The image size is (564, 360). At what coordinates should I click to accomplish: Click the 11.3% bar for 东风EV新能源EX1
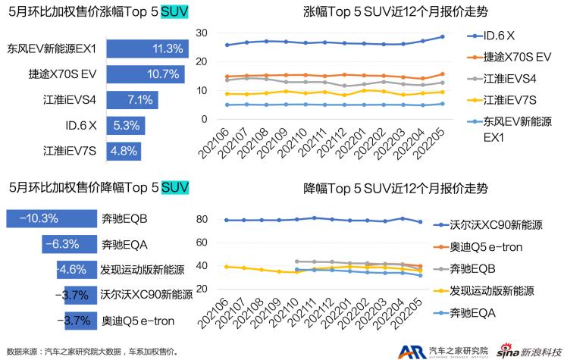coord(146,49)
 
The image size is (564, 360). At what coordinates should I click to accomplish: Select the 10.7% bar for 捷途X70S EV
coord(144,74)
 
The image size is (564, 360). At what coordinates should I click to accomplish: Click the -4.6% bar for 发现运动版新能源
coord(73,269)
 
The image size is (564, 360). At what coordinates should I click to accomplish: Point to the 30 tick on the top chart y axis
coord(201,33)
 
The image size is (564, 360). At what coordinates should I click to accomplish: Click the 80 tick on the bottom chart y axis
coord(201,220)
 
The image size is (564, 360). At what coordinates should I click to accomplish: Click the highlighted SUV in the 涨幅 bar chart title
coord(175,13)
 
